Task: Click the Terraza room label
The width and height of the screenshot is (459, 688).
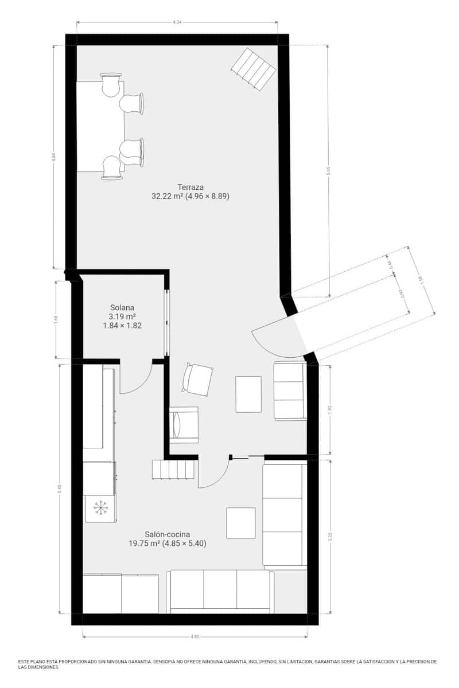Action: click(x=190, y=187)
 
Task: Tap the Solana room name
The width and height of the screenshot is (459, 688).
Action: click(x=122, y=307)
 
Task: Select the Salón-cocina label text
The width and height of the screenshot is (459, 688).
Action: click(x=167, y=534)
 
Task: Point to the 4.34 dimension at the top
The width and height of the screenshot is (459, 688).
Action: click(x=177, y=22)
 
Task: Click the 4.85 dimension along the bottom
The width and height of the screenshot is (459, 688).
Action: click(x=195, y=636)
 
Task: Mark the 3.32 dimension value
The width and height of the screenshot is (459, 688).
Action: click(x=330, y=536)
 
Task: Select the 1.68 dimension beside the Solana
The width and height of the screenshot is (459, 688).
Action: click(x=56, y=319)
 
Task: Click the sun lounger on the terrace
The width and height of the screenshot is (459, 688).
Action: click(x=253, y=69)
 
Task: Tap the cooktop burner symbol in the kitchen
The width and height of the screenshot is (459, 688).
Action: click(x=100, y=507)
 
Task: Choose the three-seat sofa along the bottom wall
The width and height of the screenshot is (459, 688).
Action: click(x=220, y=591)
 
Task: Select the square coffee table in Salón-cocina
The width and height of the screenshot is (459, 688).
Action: click(x=240, y=523)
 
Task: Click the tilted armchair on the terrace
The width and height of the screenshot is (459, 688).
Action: click(x=197, y=380)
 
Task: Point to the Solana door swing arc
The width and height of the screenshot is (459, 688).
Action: click(x=138, y=381)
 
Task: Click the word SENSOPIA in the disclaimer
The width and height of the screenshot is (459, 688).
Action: click(x=168, y=661)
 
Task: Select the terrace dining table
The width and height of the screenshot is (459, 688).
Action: click(x=100, y=126)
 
